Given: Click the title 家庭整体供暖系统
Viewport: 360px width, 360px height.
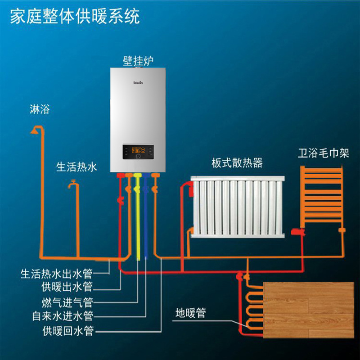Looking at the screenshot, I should [75, 17].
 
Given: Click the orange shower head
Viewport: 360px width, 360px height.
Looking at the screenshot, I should [34, 131].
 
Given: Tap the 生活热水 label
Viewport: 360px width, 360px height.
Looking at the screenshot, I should [76, 167].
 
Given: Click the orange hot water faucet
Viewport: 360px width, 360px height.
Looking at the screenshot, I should [72, 184].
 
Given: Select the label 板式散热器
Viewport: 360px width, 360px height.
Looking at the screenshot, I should [237, 163].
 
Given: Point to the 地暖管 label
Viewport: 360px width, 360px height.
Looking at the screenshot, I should [191, 313].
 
